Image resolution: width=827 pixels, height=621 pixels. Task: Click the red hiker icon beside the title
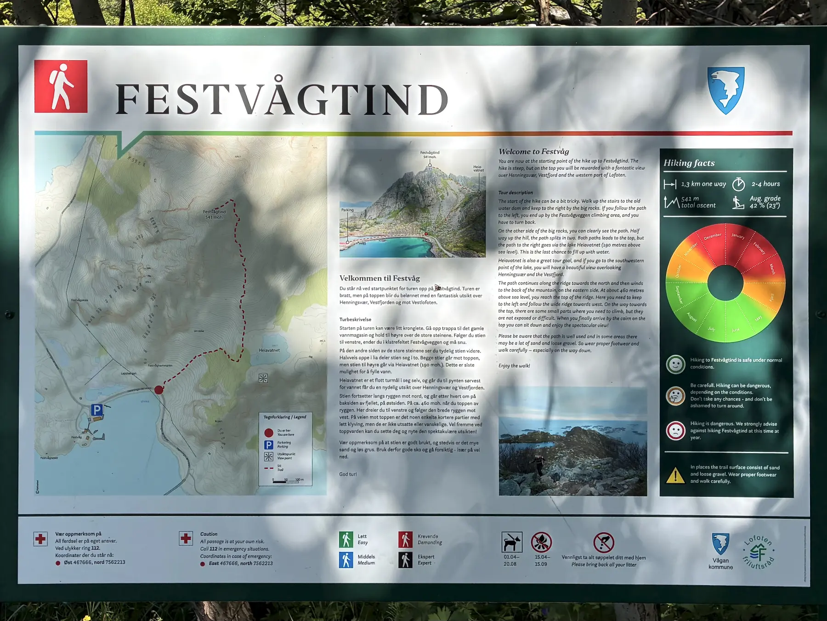pyautogui.click(x=61, y=86)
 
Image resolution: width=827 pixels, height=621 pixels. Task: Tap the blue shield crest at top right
pyautogui.click(x=725, y=90)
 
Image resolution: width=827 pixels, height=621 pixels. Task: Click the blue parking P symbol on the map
pyautogui.click(x=96, y=410)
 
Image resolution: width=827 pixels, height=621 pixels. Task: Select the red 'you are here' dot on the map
pyautogui.click(x=159, y=390)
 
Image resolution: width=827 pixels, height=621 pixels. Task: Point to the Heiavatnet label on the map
pyautogui.click(x=269, y=350)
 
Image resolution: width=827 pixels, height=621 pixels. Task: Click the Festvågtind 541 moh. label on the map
pyautogui.click(x=215, y=214)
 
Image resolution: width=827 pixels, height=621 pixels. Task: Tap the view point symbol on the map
pyautogui.click(x=263, y=378)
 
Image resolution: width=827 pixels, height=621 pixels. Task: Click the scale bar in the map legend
pyautogui.click(x=285, y=480)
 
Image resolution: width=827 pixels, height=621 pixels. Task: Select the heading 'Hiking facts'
pyautogui.click(x=689, y=163)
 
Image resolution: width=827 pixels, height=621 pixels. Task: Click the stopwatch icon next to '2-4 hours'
pyautogui.click(x=738, y=184)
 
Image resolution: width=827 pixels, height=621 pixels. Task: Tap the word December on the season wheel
pyautogui.click(x=712, y=237)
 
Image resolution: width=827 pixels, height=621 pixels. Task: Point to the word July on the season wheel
pyautogui.click(x=711, y=329)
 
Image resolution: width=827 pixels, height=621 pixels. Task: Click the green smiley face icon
pyautogui.click(x=675, y=364)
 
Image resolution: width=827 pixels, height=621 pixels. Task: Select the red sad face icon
pyautogui.click(x=675, y=431)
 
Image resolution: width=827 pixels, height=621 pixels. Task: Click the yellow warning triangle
pyautogui.click(x=675, y=475)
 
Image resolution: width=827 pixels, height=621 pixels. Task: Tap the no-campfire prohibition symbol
pyautogui.click(x=541, y=542)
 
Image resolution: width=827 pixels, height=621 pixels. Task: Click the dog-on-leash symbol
pyautogui.click(x=511, y=542)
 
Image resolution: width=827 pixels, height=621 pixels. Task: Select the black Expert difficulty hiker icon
pyautogui.click(x=405, y=560)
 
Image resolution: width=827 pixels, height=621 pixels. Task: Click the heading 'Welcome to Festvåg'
pyautogui.click(x=533, y=152)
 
